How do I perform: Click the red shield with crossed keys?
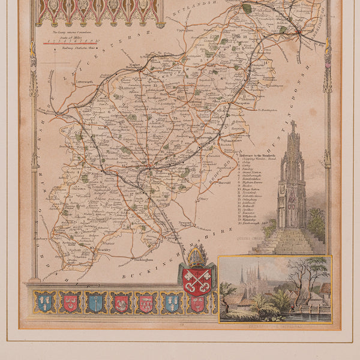(196, 281)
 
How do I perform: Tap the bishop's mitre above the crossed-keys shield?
(196, 257)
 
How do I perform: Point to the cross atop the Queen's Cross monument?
(293, 127)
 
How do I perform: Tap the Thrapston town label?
(239, 105)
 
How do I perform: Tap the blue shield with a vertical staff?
(95, 302)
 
